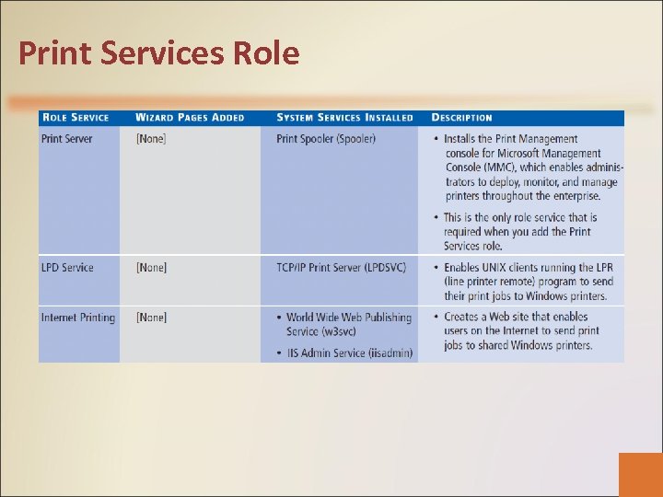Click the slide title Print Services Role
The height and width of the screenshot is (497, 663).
click(158, 53)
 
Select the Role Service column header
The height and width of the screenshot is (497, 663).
click(75, 118)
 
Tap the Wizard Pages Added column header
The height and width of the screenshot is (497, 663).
click(190, 118)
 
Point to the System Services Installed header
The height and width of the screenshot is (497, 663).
click(344, 118)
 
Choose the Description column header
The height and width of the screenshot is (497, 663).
click(461, 118)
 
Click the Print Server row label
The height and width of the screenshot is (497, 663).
click(66, 139)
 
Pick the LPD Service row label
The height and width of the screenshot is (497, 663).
click(67, 268)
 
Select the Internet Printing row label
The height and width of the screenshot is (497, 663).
click(78, 318)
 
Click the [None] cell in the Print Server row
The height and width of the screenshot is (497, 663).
click(151, 139)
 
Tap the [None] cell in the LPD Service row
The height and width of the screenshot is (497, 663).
click(151, 268)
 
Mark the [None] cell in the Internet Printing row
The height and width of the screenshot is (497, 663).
click(151, 318)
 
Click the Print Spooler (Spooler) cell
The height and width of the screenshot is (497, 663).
click(326, 139)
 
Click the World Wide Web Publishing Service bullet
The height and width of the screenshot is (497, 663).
click(348, 324)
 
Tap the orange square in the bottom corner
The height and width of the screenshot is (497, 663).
click(640, 474)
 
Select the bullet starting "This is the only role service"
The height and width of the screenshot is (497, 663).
click(520, 232)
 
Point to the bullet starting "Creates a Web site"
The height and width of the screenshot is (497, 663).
click(521, 331)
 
